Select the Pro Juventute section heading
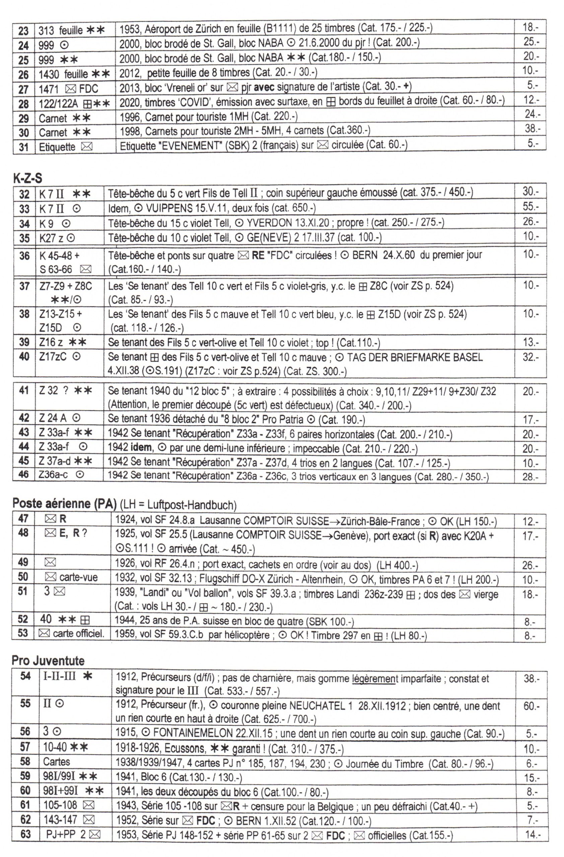[48, 660]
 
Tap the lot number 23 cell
[23, 30]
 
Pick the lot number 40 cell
[24, 357]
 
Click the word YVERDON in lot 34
[268, 223]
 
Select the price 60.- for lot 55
[531, 706]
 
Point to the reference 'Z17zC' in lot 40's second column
[53, 357]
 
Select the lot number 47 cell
[23, 519]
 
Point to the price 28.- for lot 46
[531, 477]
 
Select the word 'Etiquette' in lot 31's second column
[57, 147]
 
